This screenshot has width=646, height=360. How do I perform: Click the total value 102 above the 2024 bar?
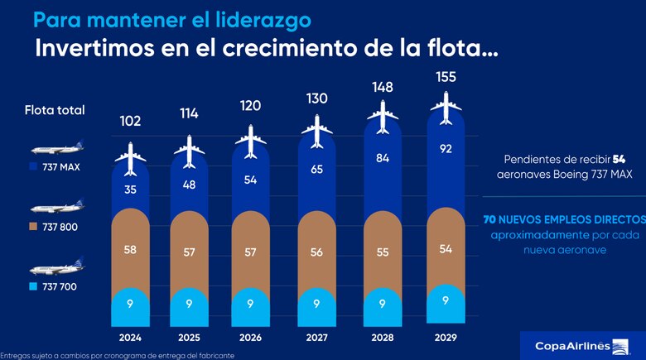130,121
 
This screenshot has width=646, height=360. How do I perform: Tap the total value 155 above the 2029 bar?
446,77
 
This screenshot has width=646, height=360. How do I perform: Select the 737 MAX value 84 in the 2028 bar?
383,159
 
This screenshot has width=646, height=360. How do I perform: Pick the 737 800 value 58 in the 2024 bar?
130,249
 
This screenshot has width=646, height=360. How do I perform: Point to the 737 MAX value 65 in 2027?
316,169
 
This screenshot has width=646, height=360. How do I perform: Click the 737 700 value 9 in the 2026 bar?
252,304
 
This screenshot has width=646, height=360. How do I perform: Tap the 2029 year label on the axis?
446,338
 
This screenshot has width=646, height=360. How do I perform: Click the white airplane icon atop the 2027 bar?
316,128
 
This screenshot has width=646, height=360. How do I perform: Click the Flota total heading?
55,110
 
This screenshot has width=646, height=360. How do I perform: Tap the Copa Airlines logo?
571,345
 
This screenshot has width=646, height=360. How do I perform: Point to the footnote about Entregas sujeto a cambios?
118,355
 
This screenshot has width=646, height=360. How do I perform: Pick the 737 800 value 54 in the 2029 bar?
446,249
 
